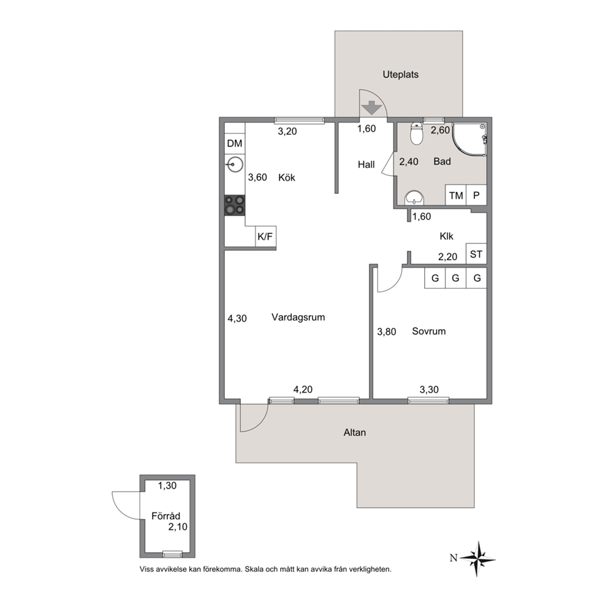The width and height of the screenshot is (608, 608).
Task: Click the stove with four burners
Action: pos(235,205)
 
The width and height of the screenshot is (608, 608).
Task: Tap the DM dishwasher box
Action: pos(235,143)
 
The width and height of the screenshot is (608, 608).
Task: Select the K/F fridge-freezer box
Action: pos(265,236)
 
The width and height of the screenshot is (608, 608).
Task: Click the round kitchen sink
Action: pos(235,164)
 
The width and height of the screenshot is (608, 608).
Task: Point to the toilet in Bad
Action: pos(416,134)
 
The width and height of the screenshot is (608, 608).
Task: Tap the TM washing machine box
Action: pos(455,195)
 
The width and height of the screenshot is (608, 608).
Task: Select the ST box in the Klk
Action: pos(476,254)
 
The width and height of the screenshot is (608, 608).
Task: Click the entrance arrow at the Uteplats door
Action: pos(372,107)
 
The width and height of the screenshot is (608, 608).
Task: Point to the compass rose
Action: pos(479,559)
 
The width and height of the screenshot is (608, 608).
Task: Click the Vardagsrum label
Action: pos(298,317)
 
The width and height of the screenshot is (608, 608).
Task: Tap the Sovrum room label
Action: pos(428,331)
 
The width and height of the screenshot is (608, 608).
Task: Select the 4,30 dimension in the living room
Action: pos(237,318)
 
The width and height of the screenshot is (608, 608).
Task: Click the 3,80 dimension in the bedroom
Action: pos(387,332)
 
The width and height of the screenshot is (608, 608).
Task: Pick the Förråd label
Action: pos(165,515)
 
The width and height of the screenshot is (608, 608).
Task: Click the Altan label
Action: pos(354,432)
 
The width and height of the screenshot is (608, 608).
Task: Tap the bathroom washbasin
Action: pos(414,198)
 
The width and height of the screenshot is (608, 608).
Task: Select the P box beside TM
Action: pos(477,195)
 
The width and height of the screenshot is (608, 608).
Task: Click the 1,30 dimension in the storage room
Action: pos(167,485)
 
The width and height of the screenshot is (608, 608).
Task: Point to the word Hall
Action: pos(366,165)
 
